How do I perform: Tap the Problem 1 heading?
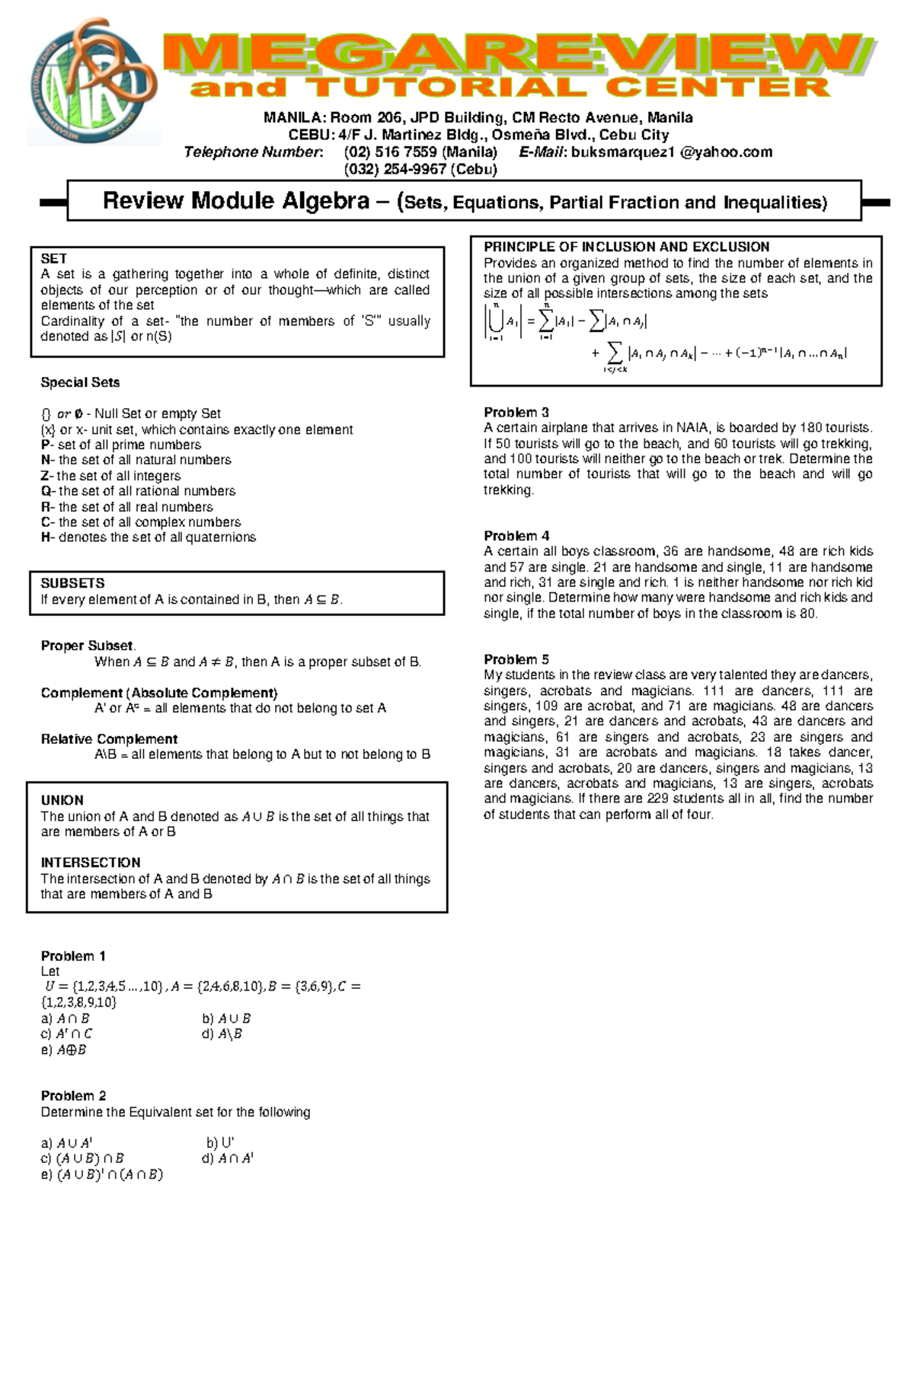point(73,956)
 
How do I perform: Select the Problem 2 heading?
point(73,1096)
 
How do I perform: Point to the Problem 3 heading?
point(516,413)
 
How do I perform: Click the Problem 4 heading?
point(516,536)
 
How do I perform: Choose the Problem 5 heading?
point(516,659)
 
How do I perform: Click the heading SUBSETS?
point(72,583)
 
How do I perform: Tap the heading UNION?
point(62,800)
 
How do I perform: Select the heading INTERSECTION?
point(91,863)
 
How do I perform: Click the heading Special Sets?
point(80,382)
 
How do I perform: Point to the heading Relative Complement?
point(109,739)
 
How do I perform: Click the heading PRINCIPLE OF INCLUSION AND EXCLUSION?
point(626,247)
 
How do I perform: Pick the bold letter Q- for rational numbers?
point(47,491)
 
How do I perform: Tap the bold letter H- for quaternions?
point(47,537)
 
